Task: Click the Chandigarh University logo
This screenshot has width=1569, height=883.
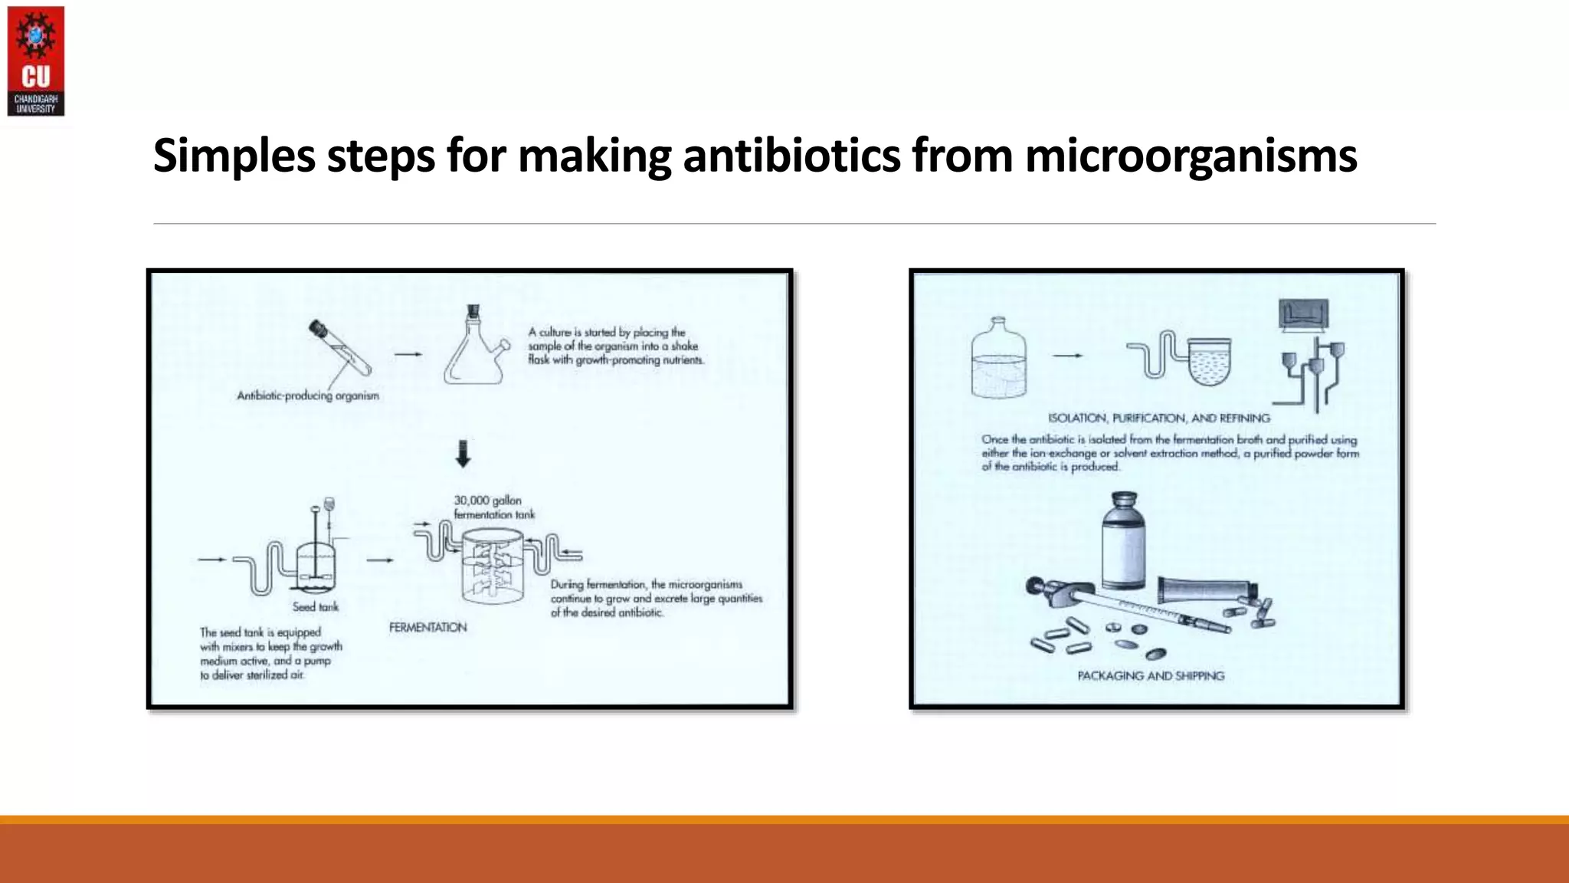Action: coord(35,61)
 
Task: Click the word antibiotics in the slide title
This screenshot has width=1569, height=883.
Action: coord(791,156)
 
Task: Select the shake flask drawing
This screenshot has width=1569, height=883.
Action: coord(475,349)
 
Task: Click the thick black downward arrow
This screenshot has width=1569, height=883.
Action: coord(463,454)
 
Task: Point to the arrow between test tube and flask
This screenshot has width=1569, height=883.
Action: coord(408,354)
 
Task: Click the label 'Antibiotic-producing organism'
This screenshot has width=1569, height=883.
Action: coord(308,396)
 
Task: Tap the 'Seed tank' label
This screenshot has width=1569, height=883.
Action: coord(315,607)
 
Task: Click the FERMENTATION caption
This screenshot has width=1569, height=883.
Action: coord(427,628)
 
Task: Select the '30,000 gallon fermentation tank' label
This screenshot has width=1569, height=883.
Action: coord(494,507)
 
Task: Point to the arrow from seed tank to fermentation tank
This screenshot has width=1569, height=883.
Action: coord(380,560)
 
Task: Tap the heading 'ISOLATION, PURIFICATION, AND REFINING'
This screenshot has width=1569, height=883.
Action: coord(1158,419)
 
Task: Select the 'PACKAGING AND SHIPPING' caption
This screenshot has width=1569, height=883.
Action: coord(1151,676)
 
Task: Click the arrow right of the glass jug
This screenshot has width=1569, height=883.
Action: coord(1067,356)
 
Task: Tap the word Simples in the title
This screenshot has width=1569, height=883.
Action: coord(234,156)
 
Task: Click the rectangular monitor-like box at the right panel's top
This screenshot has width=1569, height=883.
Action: coord(1303,314)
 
